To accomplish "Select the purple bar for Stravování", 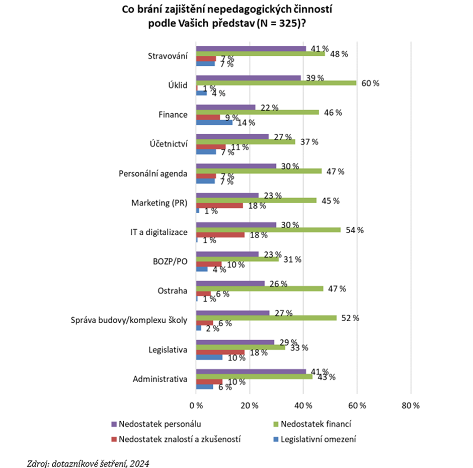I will coord(251,48).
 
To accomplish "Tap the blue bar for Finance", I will coord(214,122).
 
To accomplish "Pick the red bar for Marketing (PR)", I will coord(219,206).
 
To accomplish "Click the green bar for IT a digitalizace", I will coord(268,230).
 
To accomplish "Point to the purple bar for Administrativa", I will coord(251,371).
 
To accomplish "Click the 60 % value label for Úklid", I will coord(369,83).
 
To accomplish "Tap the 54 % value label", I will coord(354,230).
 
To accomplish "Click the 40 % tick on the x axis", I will coord(303,405).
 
